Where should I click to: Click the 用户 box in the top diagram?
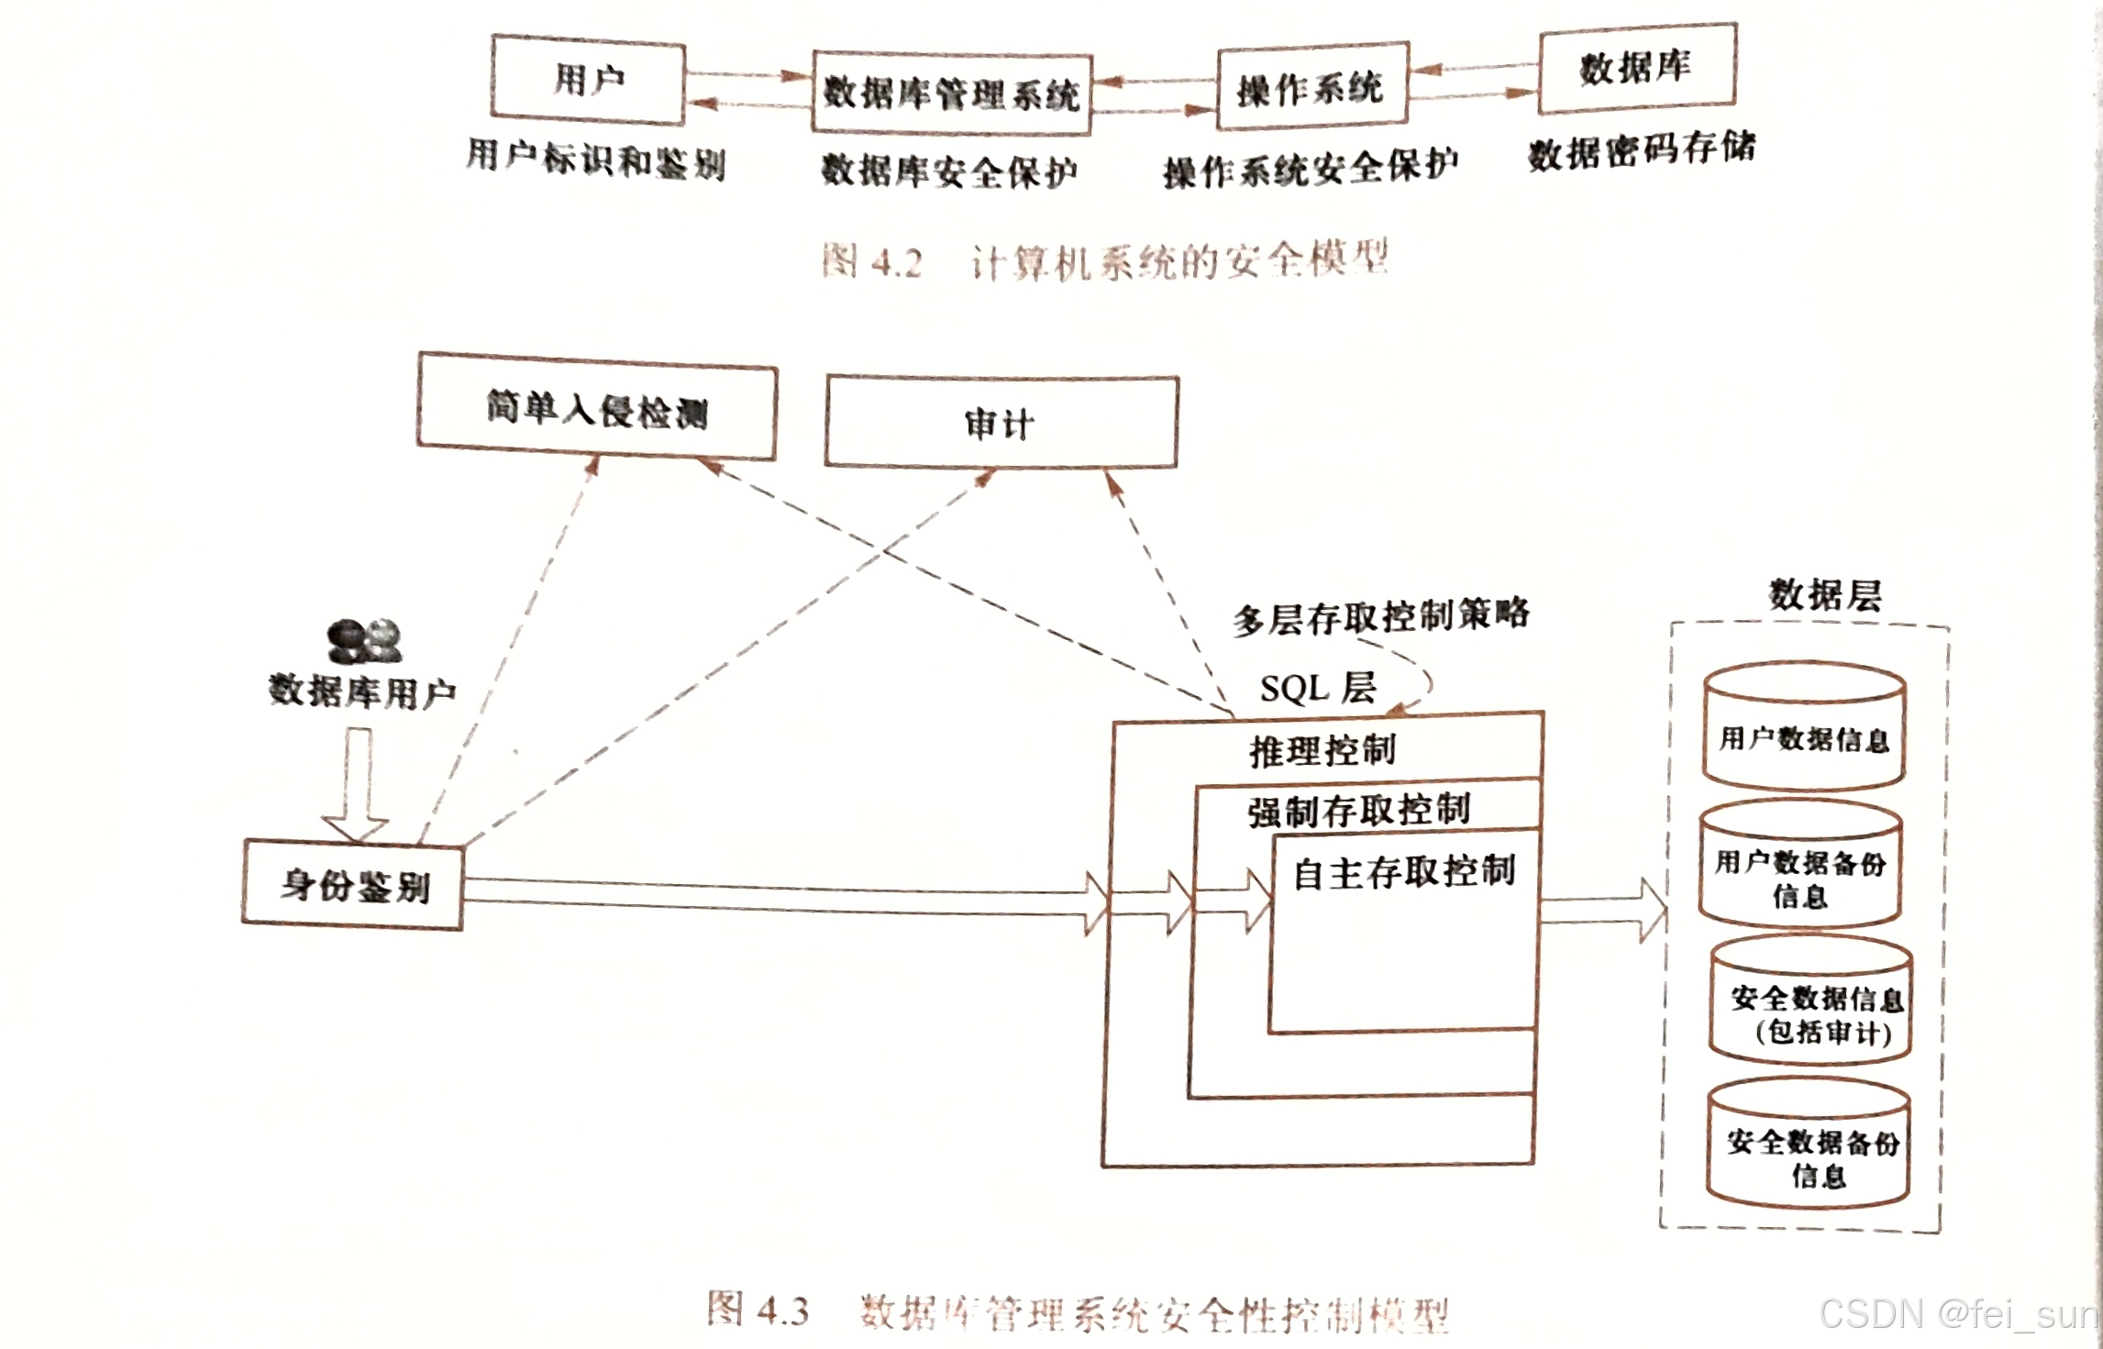point(588,80)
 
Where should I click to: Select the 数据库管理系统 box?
point(951,94)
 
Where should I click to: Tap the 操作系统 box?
point(1312,87)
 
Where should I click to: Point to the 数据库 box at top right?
point(1637,68)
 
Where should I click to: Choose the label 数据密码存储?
point(1641,150)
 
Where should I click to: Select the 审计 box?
point(1001,423)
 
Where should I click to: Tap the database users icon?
point(364,640)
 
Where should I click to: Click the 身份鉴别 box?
point(353,885)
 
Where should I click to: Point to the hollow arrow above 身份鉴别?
point(357,784)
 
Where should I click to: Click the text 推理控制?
point(1322,751)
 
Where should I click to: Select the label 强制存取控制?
point(1358,811)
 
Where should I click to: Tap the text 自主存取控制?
point(1403,872)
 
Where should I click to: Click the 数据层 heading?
point(1824,595)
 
